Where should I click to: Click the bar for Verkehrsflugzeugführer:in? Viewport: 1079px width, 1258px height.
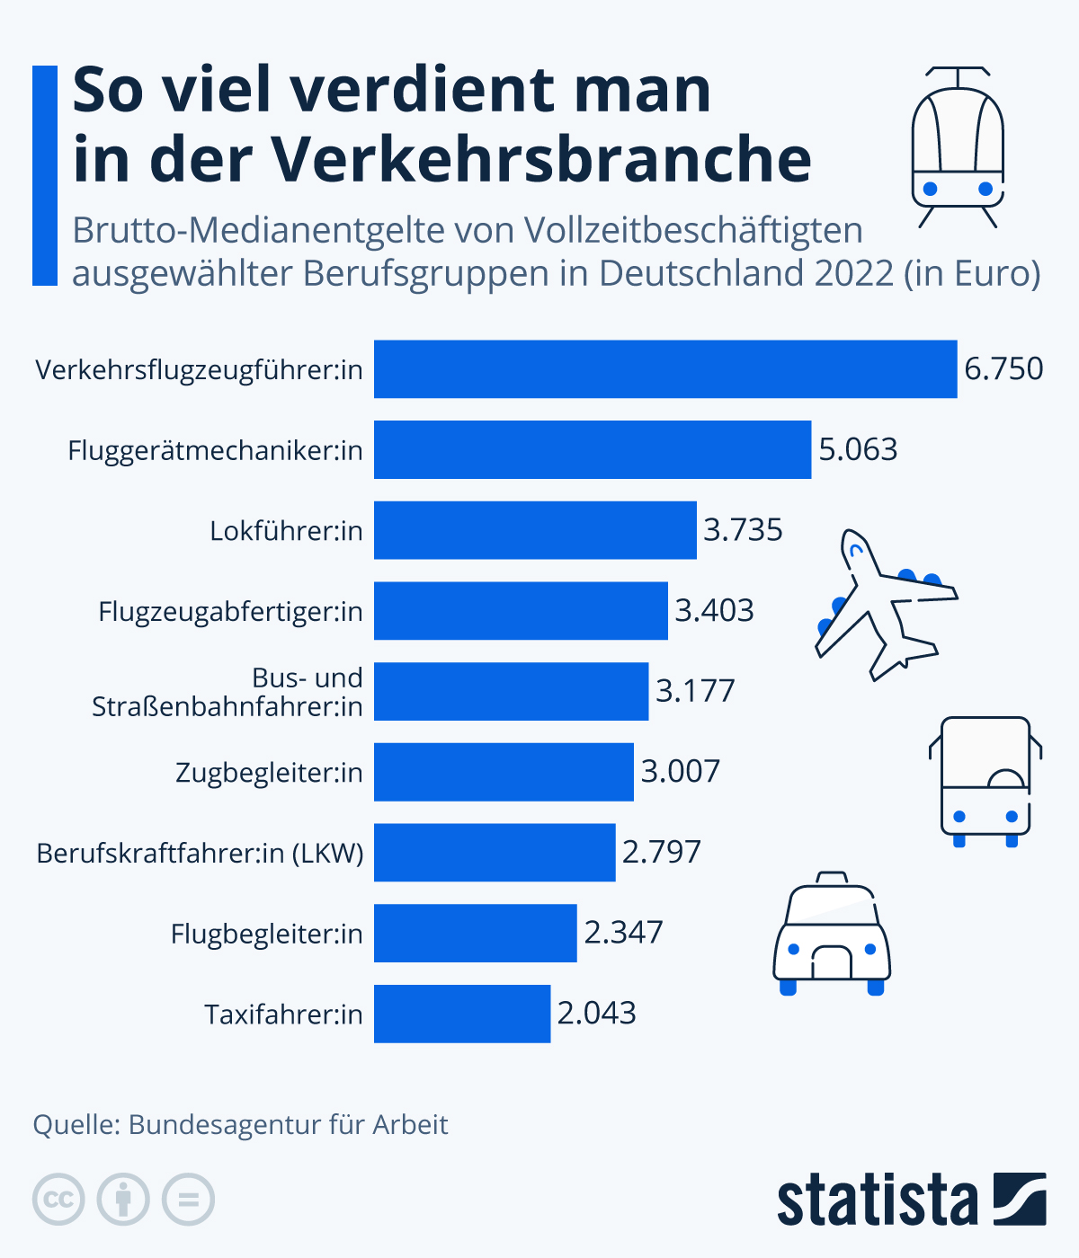(x=665, y=368)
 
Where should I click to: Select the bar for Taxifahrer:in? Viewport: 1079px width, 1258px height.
(x=462, y=1014)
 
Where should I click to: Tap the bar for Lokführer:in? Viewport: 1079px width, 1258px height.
(x=535, y=530)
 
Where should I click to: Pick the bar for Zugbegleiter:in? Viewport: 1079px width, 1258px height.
(x=504, y=772)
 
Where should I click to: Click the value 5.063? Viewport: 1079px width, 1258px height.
(x=858, y=449)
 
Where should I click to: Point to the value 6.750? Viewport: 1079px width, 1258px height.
(x=1003, y=368)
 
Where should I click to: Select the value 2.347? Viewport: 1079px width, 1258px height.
(x=623, y=933)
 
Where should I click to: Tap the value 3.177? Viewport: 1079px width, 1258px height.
(x=695, y=691)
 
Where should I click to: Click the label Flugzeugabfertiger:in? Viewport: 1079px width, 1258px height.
(x=230, y=612)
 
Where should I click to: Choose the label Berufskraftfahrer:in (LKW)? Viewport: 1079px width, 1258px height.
(x=200, y=853)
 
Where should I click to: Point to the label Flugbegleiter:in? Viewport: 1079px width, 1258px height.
(x=266, y=934)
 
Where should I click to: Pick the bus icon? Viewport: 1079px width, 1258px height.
(x=985, y=780)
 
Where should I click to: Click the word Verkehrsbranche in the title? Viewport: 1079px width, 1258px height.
(x=542, y=160)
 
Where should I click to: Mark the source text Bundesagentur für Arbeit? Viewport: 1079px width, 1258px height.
(x=288, y=1125)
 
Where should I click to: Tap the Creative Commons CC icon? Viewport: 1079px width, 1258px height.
(x=58, y=1200)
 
